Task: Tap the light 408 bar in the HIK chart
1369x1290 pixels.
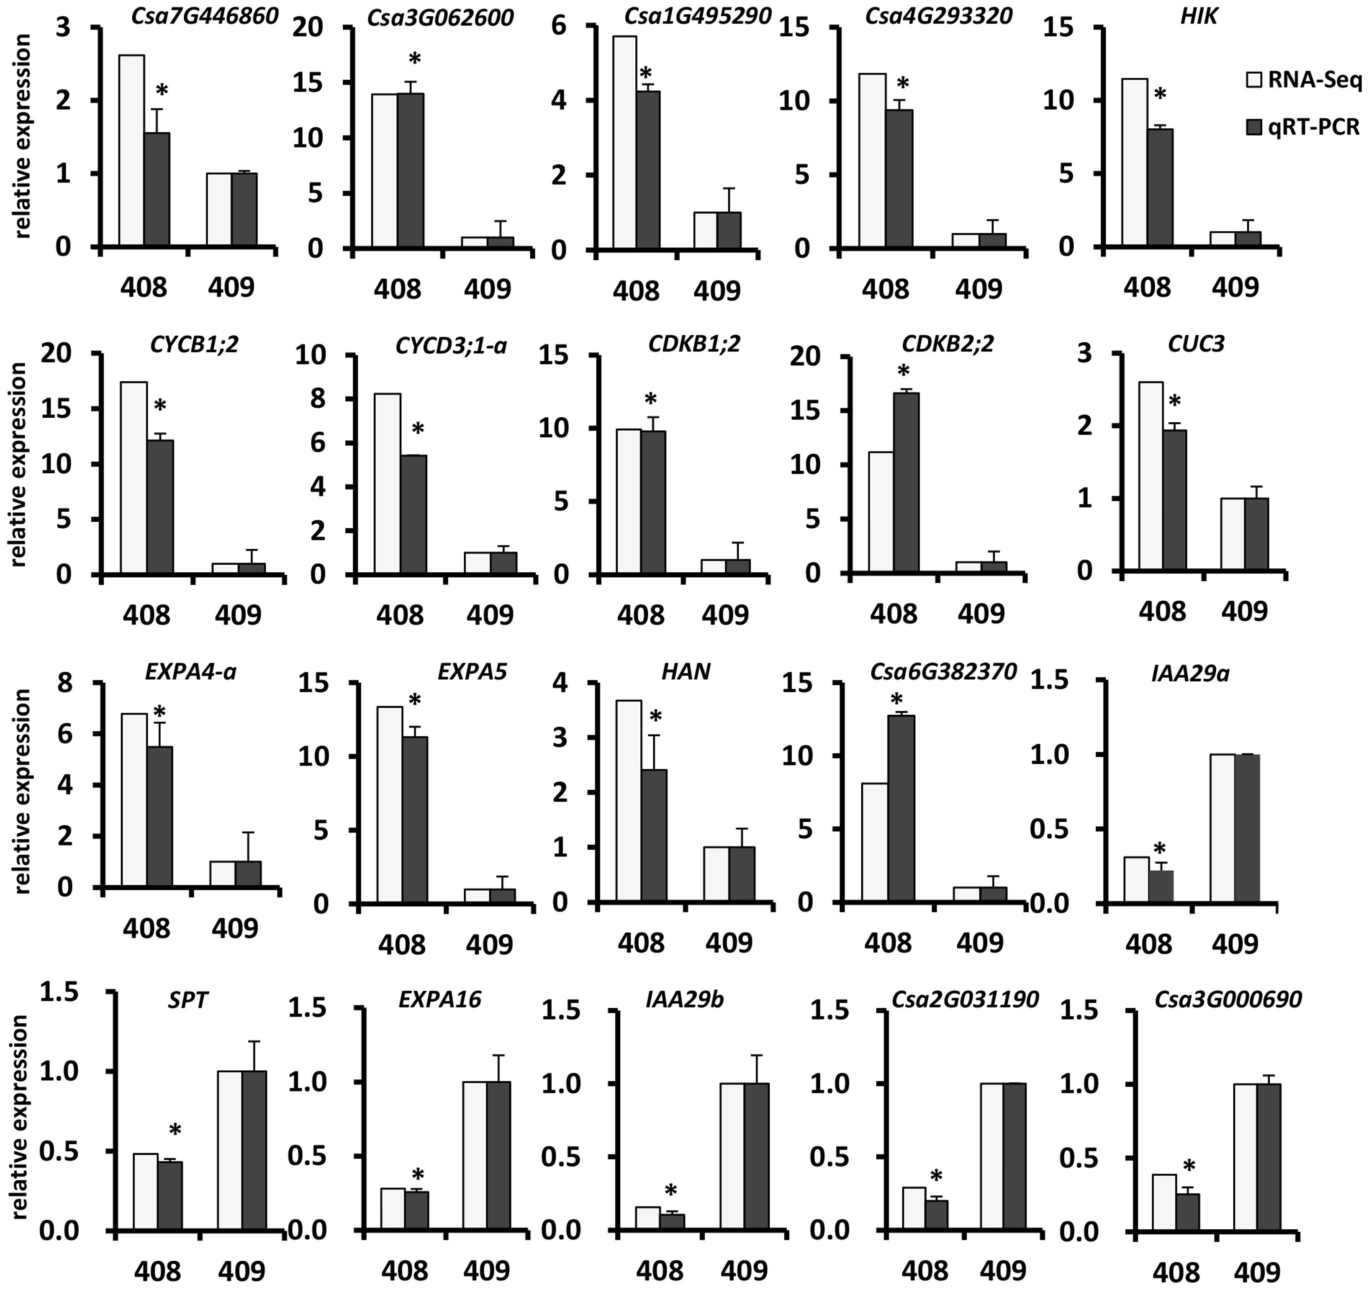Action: (1135, 162)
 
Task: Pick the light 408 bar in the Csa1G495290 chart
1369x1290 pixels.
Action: (624, 143)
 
